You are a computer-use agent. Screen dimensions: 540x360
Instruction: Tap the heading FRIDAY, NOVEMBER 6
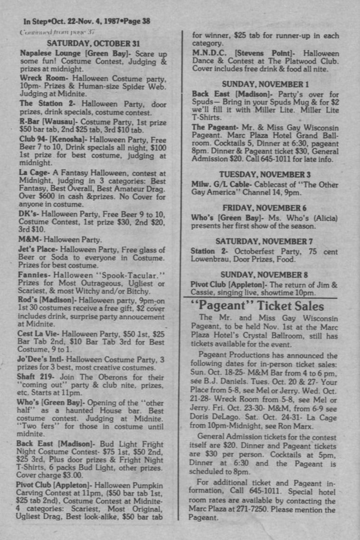265,208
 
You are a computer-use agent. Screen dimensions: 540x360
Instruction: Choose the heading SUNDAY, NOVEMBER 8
265,274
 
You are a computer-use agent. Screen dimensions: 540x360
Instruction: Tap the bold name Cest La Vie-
40,334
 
